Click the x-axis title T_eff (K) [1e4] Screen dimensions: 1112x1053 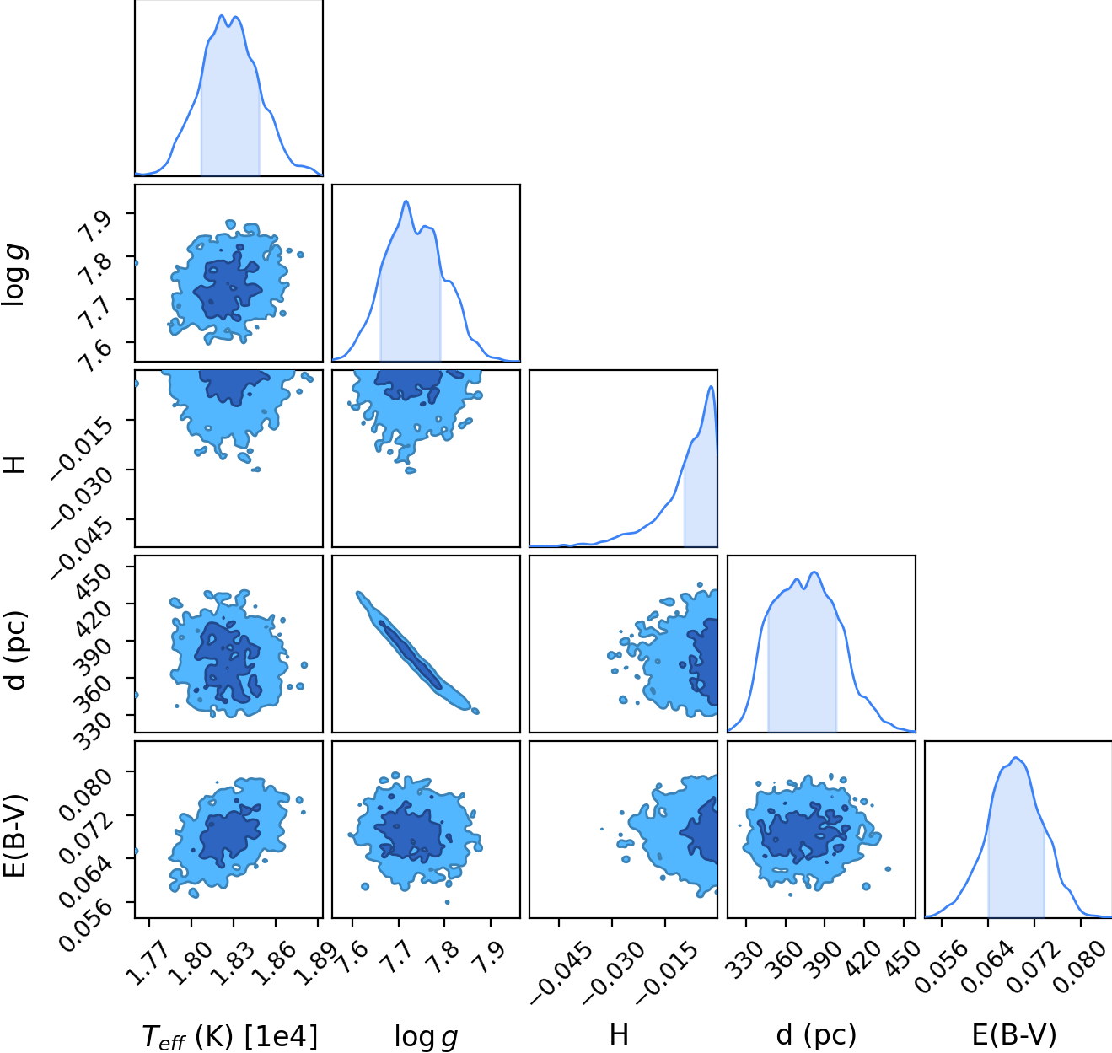229,1037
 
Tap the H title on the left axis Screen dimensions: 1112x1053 14,465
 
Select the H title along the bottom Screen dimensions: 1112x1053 618,1035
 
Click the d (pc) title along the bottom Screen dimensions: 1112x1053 816,1035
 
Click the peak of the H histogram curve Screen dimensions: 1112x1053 711,386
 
